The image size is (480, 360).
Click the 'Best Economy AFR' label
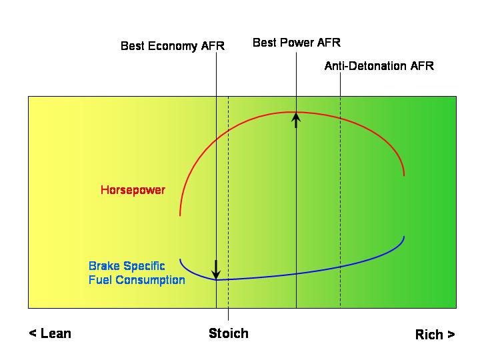pyautogui.click(x=173, y=46)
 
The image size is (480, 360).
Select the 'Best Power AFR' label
pyautogui.click(x=297, y=43)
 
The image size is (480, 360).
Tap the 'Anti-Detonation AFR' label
pyautogui.click(x=379, y=66)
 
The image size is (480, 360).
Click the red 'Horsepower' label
pyautogui.click(x=133, y=190)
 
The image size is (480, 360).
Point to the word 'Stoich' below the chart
pyautogui.click(x=229, y=333)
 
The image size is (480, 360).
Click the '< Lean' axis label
pyautogui.click(x=50, y=333)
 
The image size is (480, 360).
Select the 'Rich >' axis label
pyautogui.click(x=435, y=334)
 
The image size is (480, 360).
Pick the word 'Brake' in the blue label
pyautogui.click(x=104, y=266)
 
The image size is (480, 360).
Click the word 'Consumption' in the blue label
pyautogui.click(x=150, y=280)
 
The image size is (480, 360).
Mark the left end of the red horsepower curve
pyautogui.click(x=180, y=215)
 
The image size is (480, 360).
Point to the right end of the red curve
pyautogui.click(x=404, y=175)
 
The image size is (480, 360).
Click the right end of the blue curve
pyautogui.click(x=404, y=237)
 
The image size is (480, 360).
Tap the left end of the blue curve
pyautogui.click(x=180, y=259)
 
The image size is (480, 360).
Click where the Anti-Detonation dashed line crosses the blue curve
pyautogui.click(x=341, y=267)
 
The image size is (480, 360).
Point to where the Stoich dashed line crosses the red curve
pyautogui.click(x=229, y=131)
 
